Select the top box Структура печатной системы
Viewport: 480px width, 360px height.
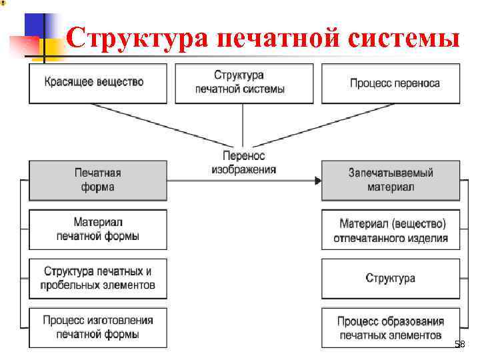point(243,83)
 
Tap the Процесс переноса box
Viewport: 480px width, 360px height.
point(391,83)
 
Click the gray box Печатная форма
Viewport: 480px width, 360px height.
point(97,180)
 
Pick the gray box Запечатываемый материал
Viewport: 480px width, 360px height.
point(391,180)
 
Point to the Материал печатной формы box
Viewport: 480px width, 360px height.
point(97,229)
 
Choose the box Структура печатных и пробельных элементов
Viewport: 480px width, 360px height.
point(97,278)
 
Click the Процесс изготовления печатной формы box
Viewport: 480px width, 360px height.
point(97,327)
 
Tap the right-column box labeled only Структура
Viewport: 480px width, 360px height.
point(391,278)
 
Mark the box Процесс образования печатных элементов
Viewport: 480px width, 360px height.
point(391,327)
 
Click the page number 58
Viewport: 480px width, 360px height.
point(459,344)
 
